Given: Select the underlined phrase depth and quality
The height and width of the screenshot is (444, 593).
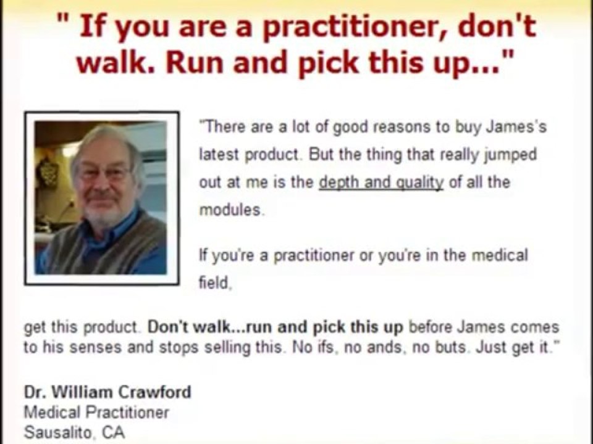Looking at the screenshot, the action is click(x=381, y=182).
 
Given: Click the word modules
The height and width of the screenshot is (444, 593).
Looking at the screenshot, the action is click(x=230, y=210).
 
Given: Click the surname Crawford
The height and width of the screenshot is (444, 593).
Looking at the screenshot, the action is click(x=154, y=392).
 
